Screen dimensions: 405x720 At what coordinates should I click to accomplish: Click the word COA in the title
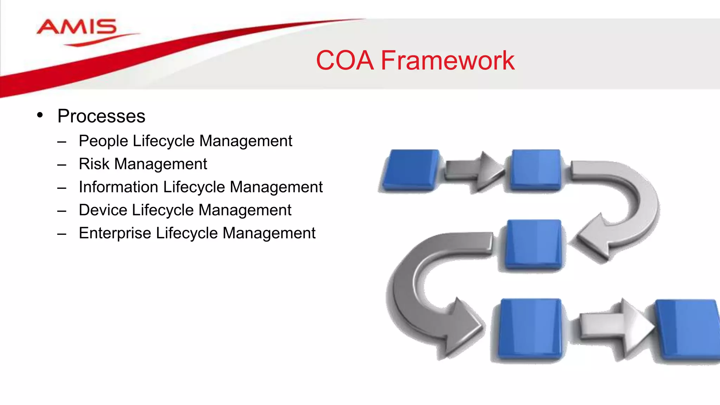(x=345, y=60)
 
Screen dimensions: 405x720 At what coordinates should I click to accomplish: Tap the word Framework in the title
(x=448, y=60)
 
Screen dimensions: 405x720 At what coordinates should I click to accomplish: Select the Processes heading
(x=101, y=116)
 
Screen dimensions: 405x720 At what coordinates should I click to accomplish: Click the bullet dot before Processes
(x=40, y=115)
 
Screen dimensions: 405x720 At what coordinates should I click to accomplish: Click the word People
(x=104, y=141)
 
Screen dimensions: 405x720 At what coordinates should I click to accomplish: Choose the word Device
(x=103, y=210)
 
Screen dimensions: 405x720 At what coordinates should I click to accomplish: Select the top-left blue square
(x=411, y=170)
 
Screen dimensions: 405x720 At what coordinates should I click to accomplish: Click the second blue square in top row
(x=535, y=170)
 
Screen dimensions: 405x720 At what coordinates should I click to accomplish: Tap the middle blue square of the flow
(x=534, y=244)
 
